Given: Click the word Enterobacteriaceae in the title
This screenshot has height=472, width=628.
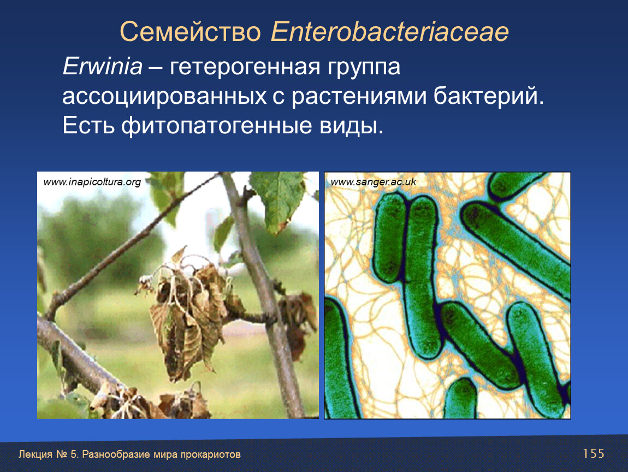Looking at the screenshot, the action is pyautogui.click(x=390, y=32).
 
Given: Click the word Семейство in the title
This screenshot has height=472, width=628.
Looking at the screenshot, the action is pyautogui.click(x=190, y=32).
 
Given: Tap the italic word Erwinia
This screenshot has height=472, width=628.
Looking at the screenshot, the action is pyautogui.click(x=103, y=66).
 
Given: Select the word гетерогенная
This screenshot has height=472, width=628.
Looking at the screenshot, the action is pyautogui.click(x=245, y=67).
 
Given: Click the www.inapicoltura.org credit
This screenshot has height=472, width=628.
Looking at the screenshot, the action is pyautogui.click(x=92, y=182).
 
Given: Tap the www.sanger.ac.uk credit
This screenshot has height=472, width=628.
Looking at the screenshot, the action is pyautogui.click(x=374, y=182).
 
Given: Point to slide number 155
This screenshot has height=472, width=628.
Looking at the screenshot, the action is pyautogui.click(x=593, y=453).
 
